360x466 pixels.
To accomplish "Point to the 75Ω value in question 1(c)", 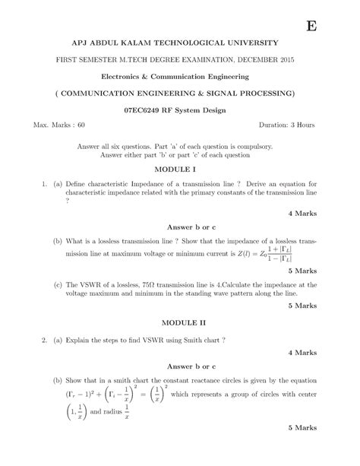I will click(x=173, y=284).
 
